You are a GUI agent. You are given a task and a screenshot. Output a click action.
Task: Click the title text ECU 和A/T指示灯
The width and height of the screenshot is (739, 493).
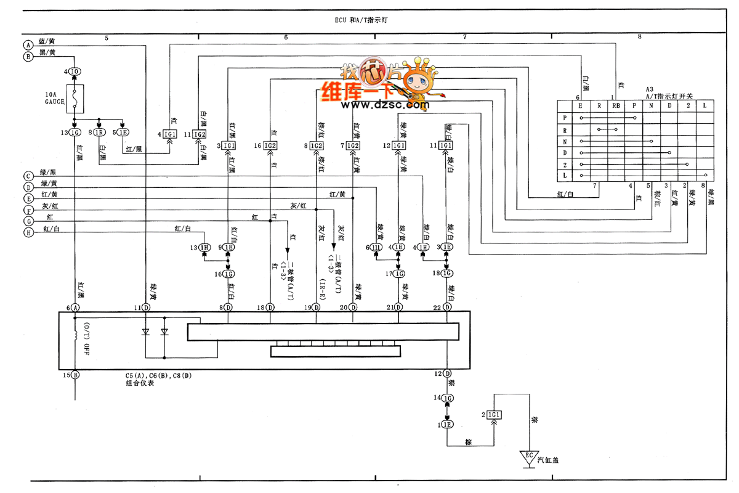(357, 20)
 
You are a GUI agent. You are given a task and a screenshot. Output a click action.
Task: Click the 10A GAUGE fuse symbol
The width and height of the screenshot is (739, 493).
(74, 99)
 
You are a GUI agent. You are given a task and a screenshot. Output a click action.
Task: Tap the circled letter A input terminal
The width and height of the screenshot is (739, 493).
(27, 45)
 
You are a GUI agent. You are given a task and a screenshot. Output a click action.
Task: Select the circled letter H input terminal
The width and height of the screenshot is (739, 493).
(27, 232)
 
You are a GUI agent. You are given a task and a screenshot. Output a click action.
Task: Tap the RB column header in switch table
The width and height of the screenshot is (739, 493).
(616, 105)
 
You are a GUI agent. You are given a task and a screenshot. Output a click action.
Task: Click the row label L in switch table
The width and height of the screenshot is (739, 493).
(565, 176)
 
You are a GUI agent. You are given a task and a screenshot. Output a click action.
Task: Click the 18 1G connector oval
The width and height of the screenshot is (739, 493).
(447, 273)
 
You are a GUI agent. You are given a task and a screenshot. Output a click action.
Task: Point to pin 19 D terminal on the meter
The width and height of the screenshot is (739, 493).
(316, 307)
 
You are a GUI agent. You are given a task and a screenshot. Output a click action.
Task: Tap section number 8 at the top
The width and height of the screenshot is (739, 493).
(639, 37)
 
